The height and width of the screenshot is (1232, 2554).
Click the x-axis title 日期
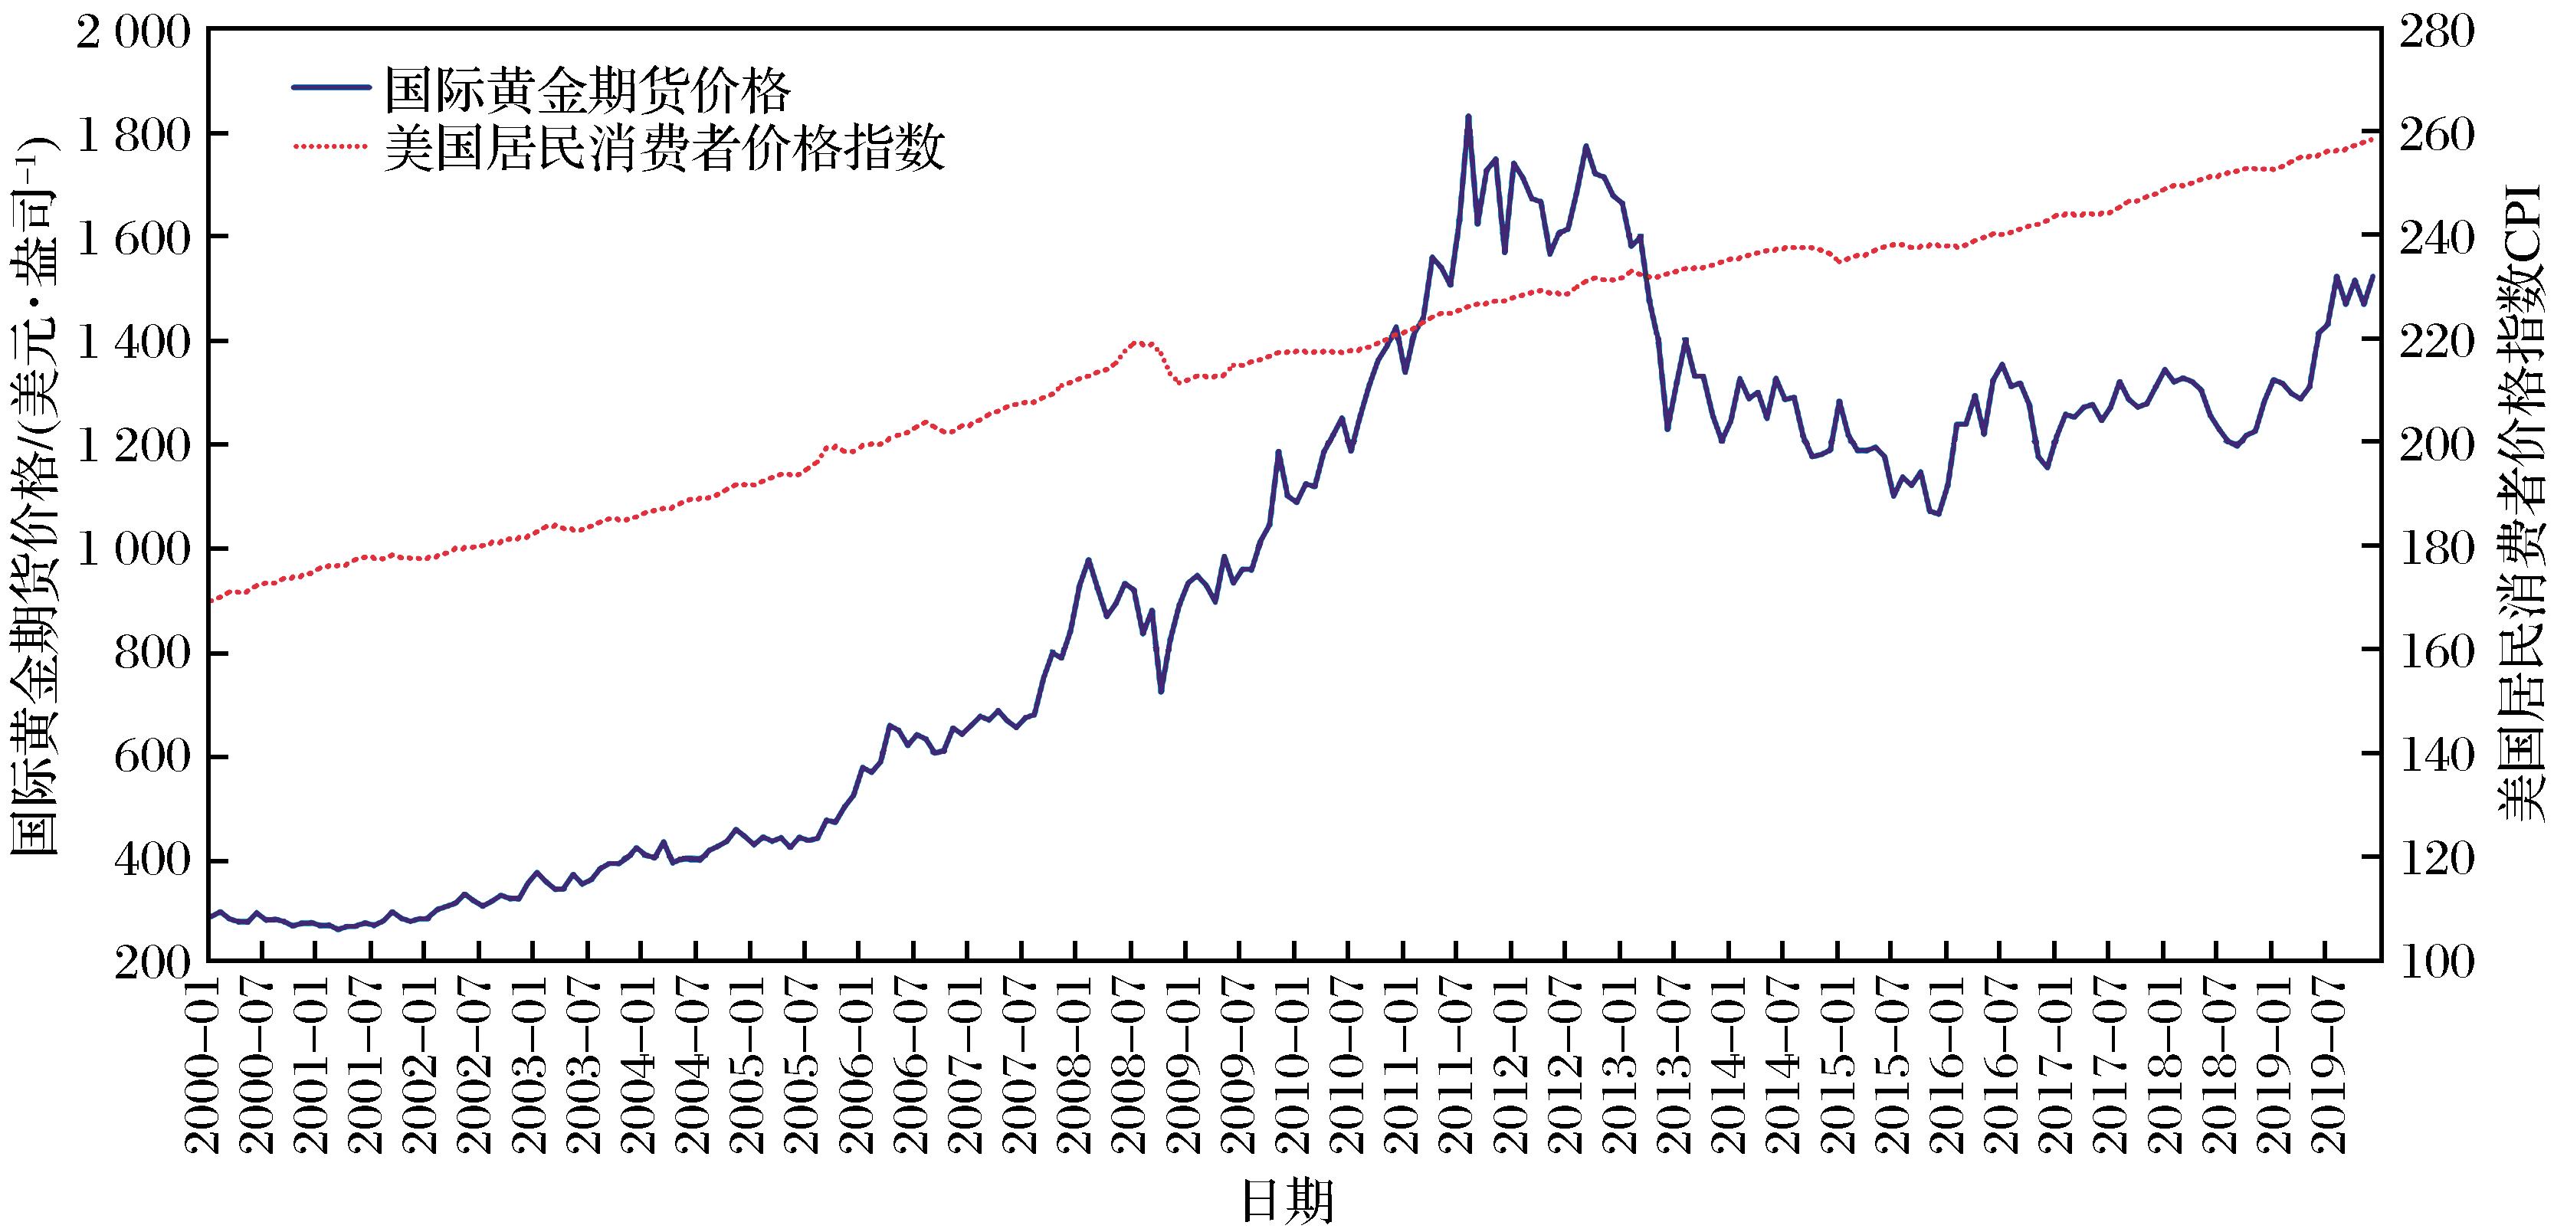coord(1287,1201)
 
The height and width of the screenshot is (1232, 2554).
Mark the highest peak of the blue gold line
coord(1468,117)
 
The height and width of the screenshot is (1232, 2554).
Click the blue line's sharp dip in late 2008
coord(1160,691)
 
